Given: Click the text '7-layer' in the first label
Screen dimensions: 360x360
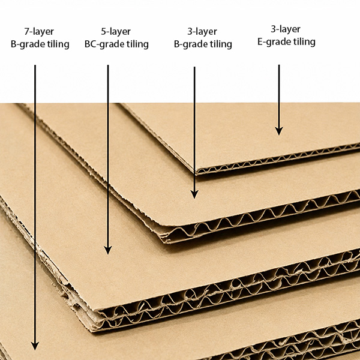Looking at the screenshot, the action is [x=39, y=31].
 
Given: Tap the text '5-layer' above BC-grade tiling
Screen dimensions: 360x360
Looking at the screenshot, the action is [x=116, y=31].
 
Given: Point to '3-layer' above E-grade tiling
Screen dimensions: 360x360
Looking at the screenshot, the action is [x=286, y=29].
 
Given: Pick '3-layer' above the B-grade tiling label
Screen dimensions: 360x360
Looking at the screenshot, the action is [x=202, y=31].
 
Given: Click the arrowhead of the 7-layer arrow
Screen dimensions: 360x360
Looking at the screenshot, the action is [x=35, y=346].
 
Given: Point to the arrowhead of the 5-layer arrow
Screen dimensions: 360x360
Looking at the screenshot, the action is [x=108, y=250].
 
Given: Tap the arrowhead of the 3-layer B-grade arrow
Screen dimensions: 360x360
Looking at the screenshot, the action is [x=194, y=194].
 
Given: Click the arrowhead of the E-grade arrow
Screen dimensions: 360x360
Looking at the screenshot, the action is [x=279, y=131].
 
